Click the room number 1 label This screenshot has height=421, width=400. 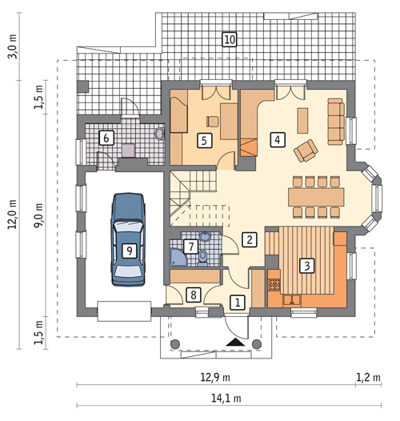pos(237,302)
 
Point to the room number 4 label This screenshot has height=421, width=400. pos(277,138)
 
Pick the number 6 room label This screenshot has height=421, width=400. pos(105,138)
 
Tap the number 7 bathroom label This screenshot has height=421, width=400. pos(190,246)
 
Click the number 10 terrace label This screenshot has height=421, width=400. pos(230,38)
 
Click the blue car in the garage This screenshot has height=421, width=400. pos(128,239)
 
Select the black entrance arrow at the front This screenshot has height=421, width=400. pos(234,342)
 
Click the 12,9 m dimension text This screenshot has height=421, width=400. pos(215,377)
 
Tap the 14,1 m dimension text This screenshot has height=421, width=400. pos(221,398)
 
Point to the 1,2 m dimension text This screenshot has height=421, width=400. pos(368,377)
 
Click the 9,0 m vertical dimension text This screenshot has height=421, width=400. pos(38,215)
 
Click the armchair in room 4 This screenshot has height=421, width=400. pos(306,150)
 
